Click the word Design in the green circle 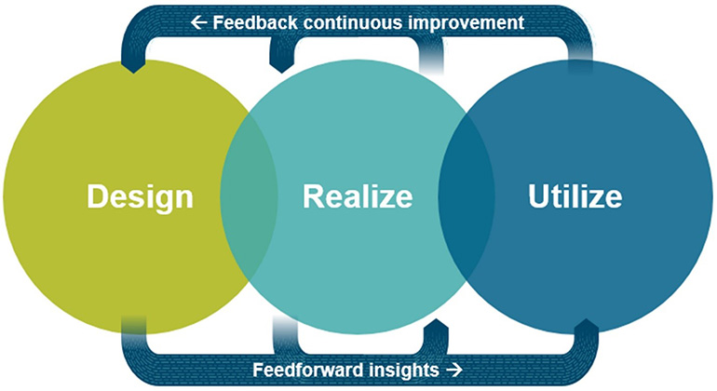point(140,197)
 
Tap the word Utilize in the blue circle point(575,197)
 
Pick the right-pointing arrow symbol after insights point(454,370)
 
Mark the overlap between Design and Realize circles point(249,197)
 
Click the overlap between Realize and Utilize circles point(467,197)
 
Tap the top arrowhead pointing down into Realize point(282,63)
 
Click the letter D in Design point(98,197)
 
